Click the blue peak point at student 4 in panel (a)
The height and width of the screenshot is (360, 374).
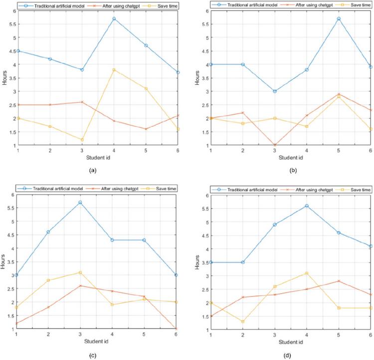[114, 18]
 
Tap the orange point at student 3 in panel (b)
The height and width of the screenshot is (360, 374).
[275, 145]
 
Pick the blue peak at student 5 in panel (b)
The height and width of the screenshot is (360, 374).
[339, 18]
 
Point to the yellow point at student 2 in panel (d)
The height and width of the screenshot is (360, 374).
[243, 322]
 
